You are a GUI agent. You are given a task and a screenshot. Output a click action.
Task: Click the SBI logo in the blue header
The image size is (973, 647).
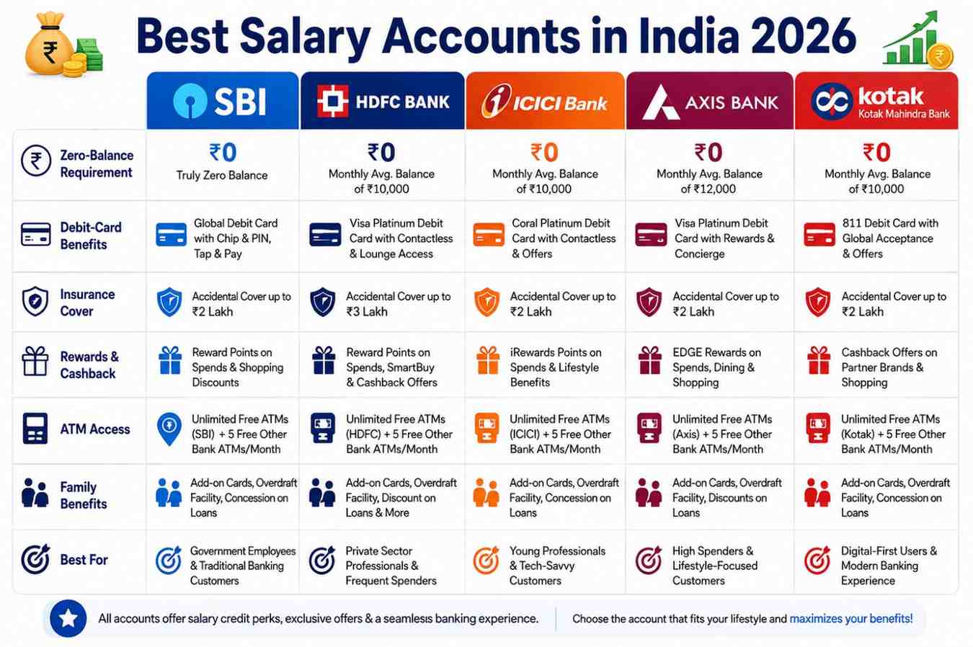[219, 102]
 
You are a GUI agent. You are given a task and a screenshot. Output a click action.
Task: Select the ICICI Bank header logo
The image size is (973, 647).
[545, 102]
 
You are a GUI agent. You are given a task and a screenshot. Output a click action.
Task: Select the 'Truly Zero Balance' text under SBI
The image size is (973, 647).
[221, 175]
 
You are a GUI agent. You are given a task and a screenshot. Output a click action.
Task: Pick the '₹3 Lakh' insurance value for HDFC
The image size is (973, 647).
[367, 312]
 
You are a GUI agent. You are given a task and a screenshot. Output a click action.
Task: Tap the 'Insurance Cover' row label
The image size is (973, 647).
[87, 303]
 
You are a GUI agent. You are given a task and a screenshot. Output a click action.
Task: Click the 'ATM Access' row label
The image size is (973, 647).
[95, 429]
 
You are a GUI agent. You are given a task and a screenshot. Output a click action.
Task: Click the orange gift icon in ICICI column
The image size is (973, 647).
[488, 360]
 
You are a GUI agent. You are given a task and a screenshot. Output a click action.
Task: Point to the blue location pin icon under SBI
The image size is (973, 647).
[169, 429]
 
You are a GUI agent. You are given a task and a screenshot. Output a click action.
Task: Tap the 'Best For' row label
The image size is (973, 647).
[84, 560]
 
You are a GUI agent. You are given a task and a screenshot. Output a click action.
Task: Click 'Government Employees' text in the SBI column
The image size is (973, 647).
[243, 551]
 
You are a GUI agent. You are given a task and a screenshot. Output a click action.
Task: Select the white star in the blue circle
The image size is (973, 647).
[68, 618]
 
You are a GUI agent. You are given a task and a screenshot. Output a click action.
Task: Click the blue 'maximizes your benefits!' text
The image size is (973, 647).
[851, 618]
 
